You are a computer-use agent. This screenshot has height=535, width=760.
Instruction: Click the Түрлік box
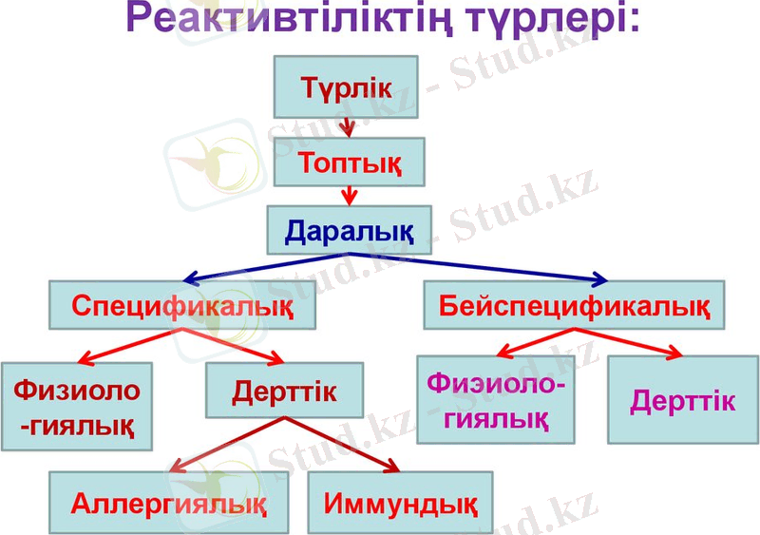[347, 85]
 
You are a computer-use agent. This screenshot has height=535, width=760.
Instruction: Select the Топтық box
[348, 161]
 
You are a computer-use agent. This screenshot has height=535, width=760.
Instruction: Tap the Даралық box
[348, 230]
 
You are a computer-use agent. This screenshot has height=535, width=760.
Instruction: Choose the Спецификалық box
[182, 306]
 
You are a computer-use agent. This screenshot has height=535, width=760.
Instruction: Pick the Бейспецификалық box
[573, 305]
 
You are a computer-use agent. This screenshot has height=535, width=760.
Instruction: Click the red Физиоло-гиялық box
[76, 406]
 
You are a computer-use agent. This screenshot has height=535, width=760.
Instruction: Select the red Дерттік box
[284, 390]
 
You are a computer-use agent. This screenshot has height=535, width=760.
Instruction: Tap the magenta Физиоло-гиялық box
[496, 399]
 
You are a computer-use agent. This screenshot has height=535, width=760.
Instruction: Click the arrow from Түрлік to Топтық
[348, 125]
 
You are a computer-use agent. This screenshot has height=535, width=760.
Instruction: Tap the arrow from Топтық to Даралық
[349, 195]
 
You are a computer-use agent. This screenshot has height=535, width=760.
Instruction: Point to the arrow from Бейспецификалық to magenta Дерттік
[627, 343]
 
